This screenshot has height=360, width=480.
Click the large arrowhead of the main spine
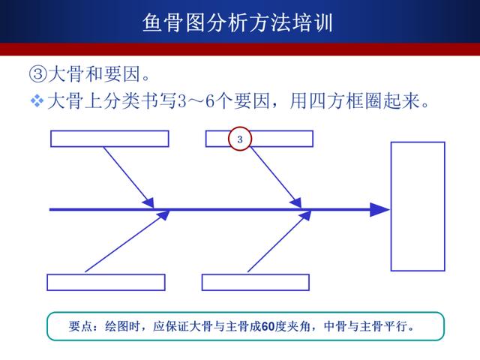point(380,210)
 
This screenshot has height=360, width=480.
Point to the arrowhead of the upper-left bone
point(148,203)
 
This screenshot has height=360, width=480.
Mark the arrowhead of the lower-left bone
point(163,214)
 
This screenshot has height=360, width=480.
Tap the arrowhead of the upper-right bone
point(296,203)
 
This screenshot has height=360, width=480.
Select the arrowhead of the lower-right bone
point(305,215)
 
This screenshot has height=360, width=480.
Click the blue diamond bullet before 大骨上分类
point(37,100)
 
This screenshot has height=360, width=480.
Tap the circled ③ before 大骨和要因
point(38,73)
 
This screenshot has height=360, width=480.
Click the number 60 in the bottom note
point(268,326)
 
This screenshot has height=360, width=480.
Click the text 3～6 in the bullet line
point(196,100)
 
